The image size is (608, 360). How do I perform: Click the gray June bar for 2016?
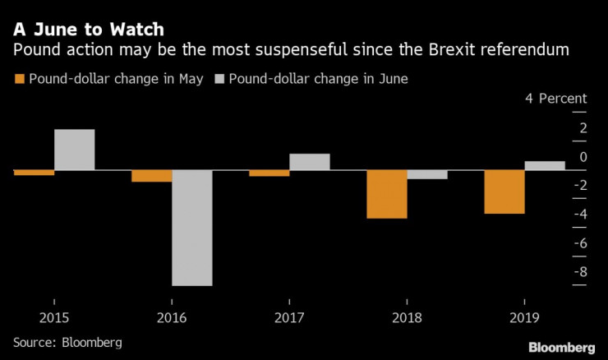[x=192, y=228]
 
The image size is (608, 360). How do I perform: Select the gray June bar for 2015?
[x=75, y=150]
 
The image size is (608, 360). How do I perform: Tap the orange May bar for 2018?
[x=387, y=194]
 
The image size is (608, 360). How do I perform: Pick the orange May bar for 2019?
[x=504, y=192]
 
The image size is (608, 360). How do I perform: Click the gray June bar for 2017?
[x=310, y=162]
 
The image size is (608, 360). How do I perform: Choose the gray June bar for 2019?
[x=545, y=165]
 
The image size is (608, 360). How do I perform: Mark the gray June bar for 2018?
[x=427, y=174]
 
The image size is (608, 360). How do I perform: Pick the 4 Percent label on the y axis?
[x=556, y=99]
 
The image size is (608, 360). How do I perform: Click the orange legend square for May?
[x=19, y=80]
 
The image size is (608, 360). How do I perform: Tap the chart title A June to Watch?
[x=88, y=29]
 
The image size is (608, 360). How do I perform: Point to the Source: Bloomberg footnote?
[x=68, y=340]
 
